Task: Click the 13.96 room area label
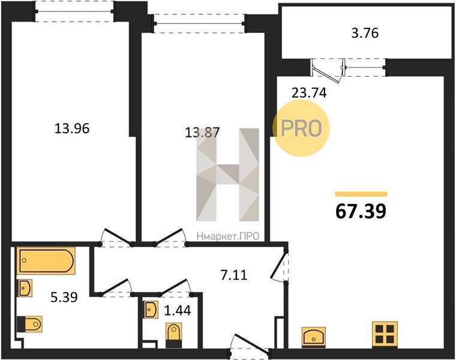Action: [x=72, y=128]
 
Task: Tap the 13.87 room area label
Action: [x=202, y=133]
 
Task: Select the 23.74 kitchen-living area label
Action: [x=309, y=93]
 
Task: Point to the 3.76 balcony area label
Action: [x=365, y=33]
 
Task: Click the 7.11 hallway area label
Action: [x=234, y=275]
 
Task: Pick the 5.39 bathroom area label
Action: [x=64, y=297]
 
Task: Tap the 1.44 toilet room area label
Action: [x=178, y=311]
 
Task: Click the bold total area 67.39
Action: [x=361, y=211]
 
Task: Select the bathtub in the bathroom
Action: [x=46, y=260]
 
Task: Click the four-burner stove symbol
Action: [x=385, y=334]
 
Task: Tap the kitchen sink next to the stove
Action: [x=313, y=337]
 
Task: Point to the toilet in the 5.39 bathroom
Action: [x=29, y=323]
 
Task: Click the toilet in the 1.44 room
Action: [x=173, y=335]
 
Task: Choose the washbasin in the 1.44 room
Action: [x=151, y=310]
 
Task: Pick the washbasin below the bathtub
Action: [x=25, y=288]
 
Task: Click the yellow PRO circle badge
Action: [x=301, y=128]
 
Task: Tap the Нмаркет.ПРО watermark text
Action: [x=228, y=236]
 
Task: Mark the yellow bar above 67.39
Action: [x=361, y=194]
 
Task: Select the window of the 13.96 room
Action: [x=74, y=11]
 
